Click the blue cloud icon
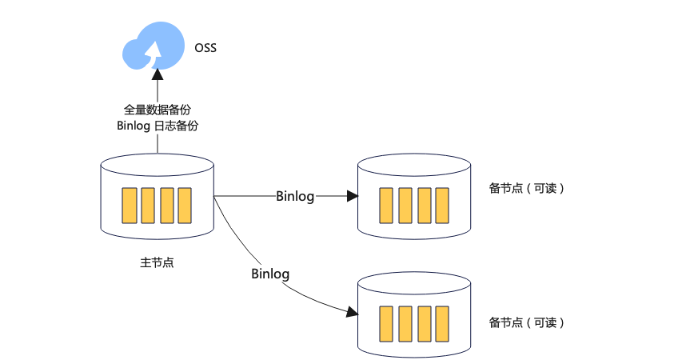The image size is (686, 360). [x=154, y=46]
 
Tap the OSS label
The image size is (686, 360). [x=205, y=48]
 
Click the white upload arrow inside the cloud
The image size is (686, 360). [x=154, y=54]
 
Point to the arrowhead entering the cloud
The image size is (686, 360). [x=158, y=74]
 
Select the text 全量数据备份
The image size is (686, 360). [x=157, y=110]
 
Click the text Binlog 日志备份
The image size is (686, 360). [x=157, y=126]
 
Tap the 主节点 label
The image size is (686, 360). [x=157, y=262]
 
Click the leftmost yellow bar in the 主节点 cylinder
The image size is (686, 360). [x=129, y=206]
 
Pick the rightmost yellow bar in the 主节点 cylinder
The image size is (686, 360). [x=185, y=206]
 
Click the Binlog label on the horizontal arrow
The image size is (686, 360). [x=295, y=196]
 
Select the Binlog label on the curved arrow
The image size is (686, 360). [x=270, y=274]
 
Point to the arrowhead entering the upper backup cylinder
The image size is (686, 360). [x=353, y=196]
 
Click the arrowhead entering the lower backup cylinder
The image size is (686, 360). [x=352, y=312]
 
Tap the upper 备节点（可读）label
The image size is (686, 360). [x=526, y=188]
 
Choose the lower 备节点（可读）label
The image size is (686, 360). [x=526, y=322]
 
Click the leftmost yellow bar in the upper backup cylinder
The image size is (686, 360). [x=386, y=206]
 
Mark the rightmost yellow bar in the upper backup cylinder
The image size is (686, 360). [x=442, y=206]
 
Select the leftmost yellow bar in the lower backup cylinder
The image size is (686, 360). [x=386, y=324]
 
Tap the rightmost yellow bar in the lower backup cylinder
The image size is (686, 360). [x=442, y=324]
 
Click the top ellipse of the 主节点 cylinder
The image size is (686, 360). [x=157, y=154]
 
